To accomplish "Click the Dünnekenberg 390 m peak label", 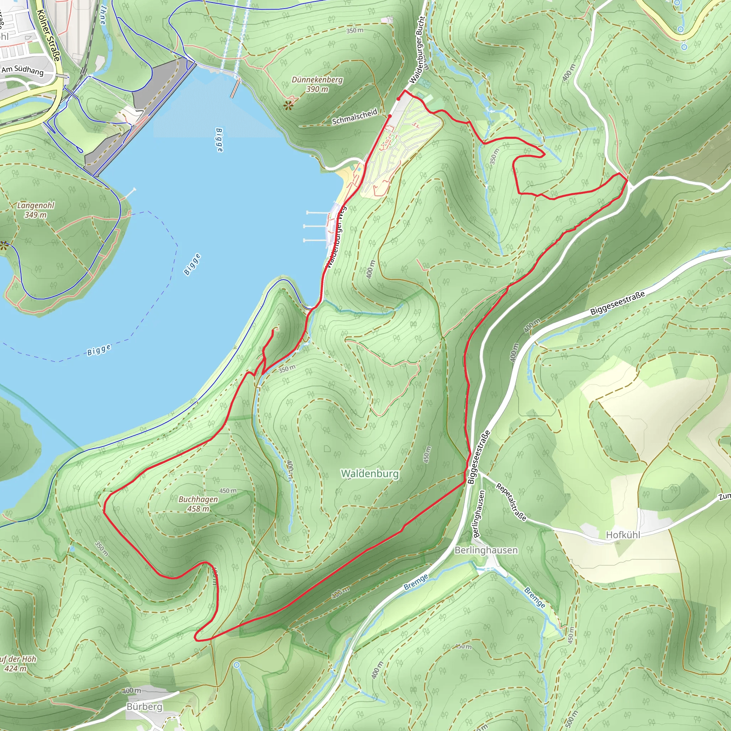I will coord(317,84).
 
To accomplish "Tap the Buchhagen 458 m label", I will coord(198,504).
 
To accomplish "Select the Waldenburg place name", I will coord(370,474).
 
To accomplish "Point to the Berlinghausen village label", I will coord(486,550).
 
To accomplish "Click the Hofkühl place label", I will coord(623,535).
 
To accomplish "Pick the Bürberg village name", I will coord(145,707).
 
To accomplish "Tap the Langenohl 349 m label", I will coord(36,210).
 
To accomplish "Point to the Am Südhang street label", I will coord(22,71).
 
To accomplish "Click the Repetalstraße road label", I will coord(511,502).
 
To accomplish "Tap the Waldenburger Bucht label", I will coord(417,50).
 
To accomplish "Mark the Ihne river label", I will coord(103,15).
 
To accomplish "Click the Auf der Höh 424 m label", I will coord(17,664).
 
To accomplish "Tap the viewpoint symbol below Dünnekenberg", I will coord(288,105).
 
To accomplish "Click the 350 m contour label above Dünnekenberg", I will coord(354,30).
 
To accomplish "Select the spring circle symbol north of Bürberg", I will coord(237,665).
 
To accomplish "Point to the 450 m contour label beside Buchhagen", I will coord(228,491).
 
